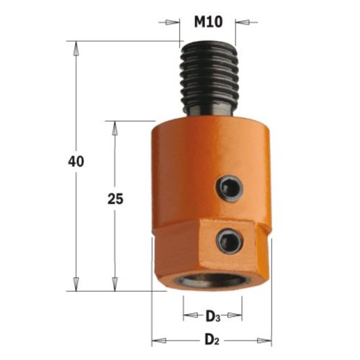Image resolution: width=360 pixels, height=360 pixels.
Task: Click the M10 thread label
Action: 208,22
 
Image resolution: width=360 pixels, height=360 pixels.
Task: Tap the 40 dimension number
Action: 76,161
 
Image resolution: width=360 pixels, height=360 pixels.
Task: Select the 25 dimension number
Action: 115,199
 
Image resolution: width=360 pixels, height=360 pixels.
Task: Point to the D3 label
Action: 212,317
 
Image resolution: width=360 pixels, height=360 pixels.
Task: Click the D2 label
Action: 212,341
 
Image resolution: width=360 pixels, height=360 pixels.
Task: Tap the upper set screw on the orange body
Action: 229,187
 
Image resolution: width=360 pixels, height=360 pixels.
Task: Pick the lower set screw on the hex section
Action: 230,240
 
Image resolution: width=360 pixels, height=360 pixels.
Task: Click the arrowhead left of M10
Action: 172,22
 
